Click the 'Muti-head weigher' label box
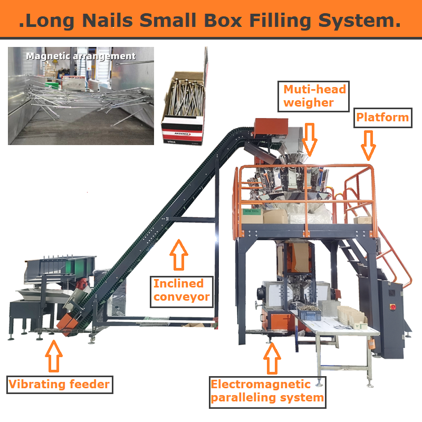click(314, 96)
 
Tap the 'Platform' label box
click(382, 117)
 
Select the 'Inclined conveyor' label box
click(181, 291)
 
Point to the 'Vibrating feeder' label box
click(59, 384)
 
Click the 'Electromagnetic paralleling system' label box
click(267, 391)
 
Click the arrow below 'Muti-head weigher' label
click(310, 138)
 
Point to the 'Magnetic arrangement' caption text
click(81, 56)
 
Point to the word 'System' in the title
click(365, 21)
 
